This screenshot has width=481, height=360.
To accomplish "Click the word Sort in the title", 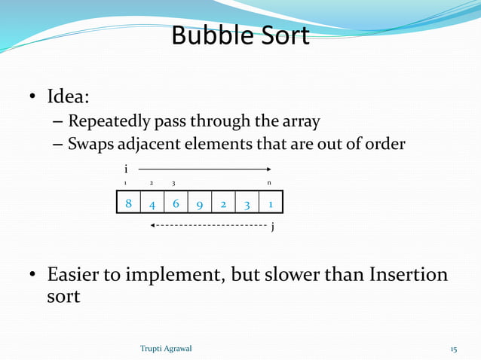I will (x=285, y=35).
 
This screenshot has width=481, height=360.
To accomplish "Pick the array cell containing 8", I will (x=128, y=203).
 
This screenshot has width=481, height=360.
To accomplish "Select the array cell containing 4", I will (x=152, y=203).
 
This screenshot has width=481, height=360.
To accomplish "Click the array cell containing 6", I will (x=176, y=203).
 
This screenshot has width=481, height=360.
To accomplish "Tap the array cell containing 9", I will (x=199, y=203).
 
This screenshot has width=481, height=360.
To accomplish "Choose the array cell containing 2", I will (x=223, y=203).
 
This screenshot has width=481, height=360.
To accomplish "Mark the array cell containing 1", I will (x=270, y=203).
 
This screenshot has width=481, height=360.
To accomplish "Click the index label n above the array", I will (x=269, y=183).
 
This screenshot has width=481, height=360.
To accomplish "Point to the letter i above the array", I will (x=126, y=169).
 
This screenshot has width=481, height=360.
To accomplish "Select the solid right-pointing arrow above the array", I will (x=204, y=169).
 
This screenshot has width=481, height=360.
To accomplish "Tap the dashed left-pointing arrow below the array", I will (x=207, y=225).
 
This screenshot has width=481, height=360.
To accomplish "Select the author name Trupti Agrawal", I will (x=166, y=349).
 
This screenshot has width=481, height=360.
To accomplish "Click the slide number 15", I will (x=454, y=349).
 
